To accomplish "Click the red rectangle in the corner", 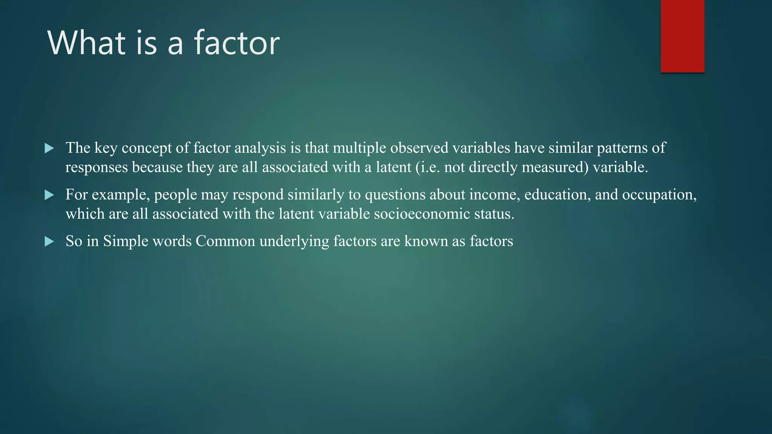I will (x=682, y=36).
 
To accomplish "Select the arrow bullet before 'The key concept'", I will (x=49, y=148).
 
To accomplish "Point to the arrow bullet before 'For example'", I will (x=49, y=195).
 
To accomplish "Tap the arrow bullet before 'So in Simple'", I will (x=49, y=241).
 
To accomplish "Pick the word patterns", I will (x=622, y=148).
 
